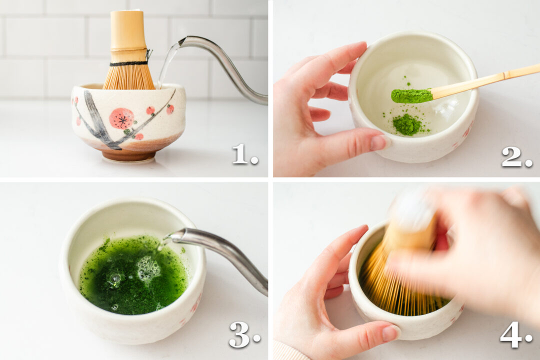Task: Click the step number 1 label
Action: (x=244, y=154)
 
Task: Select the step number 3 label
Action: (x=243, y=334)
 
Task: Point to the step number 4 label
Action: (x=515, y=334)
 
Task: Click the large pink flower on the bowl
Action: (x=121, y=118)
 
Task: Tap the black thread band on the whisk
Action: (x=129, y=63)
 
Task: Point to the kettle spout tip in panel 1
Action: (x=181, y=42)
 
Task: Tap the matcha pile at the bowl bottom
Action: (x=407, y=124)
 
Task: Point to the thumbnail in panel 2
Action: (x=378, y=143)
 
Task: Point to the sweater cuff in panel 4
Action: (x=290, y=352)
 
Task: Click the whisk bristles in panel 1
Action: (x=129, y=77)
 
